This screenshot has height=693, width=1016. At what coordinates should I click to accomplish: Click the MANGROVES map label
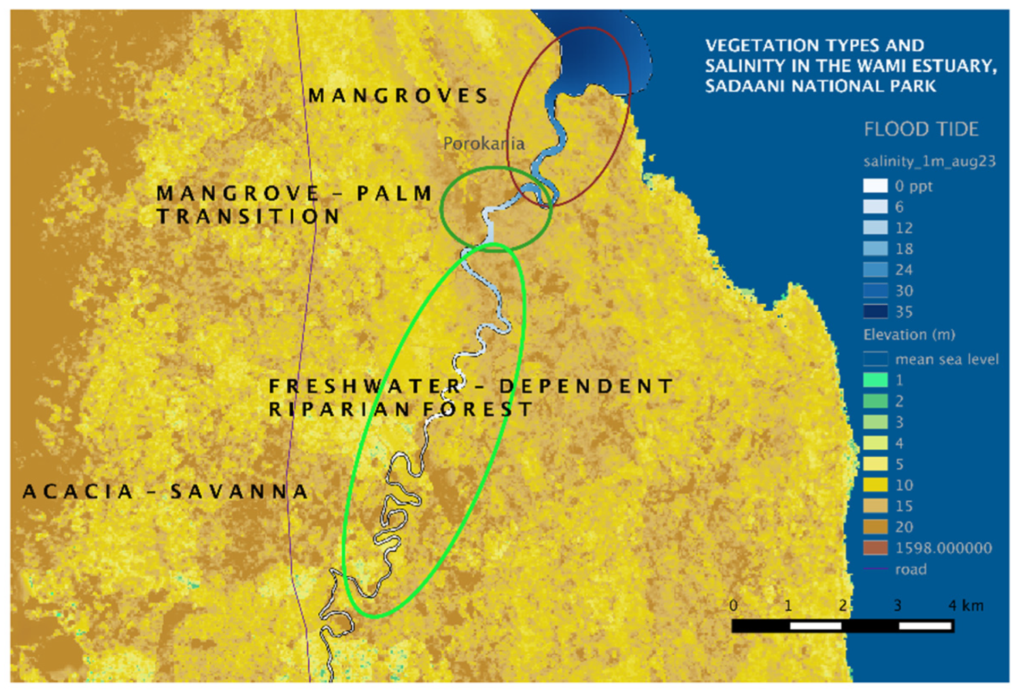click(398, 96)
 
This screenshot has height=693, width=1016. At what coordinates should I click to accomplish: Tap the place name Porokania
click(484, 143)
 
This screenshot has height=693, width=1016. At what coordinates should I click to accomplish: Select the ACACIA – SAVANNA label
click(165, 492)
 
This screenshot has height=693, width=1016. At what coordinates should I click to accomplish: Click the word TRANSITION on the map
click(248, 217)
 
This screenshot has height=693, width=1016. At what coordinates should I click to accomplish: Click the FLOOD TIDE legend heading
click(921, 129)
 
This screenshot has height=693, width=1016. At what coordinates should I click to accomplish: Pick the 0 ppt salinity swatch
click(875, 186)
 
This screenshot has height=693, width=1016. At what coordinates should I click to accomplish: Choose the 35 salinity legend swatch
click(875, 311)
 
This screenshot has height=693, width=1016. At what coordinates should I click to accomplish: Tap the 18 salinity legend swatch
click(875, 249)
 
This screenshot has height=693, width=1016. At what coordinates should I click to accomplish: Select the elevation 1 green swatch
click(875, 380)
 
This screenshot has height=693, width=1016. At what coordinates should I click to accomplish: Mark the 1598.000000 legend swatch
click(875, 548)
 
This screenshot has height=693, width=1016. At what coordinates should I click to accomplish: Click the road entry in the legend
click(910, 569)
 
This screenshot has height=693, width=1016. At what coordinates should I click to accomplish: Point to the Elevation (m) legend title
click(909, 335)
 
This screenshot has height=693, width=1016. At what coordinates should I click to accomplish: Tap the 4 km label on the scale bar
click(966, 605)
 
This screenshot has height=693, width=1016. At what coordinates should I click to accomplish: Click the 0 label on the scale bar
click(733, 605)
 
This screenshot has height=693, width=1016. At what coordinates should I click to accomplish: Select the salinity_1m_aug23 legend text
click(929, 161)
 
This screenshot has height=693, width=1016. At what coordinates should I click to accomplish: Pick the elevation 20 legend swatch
click(875, 527)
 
